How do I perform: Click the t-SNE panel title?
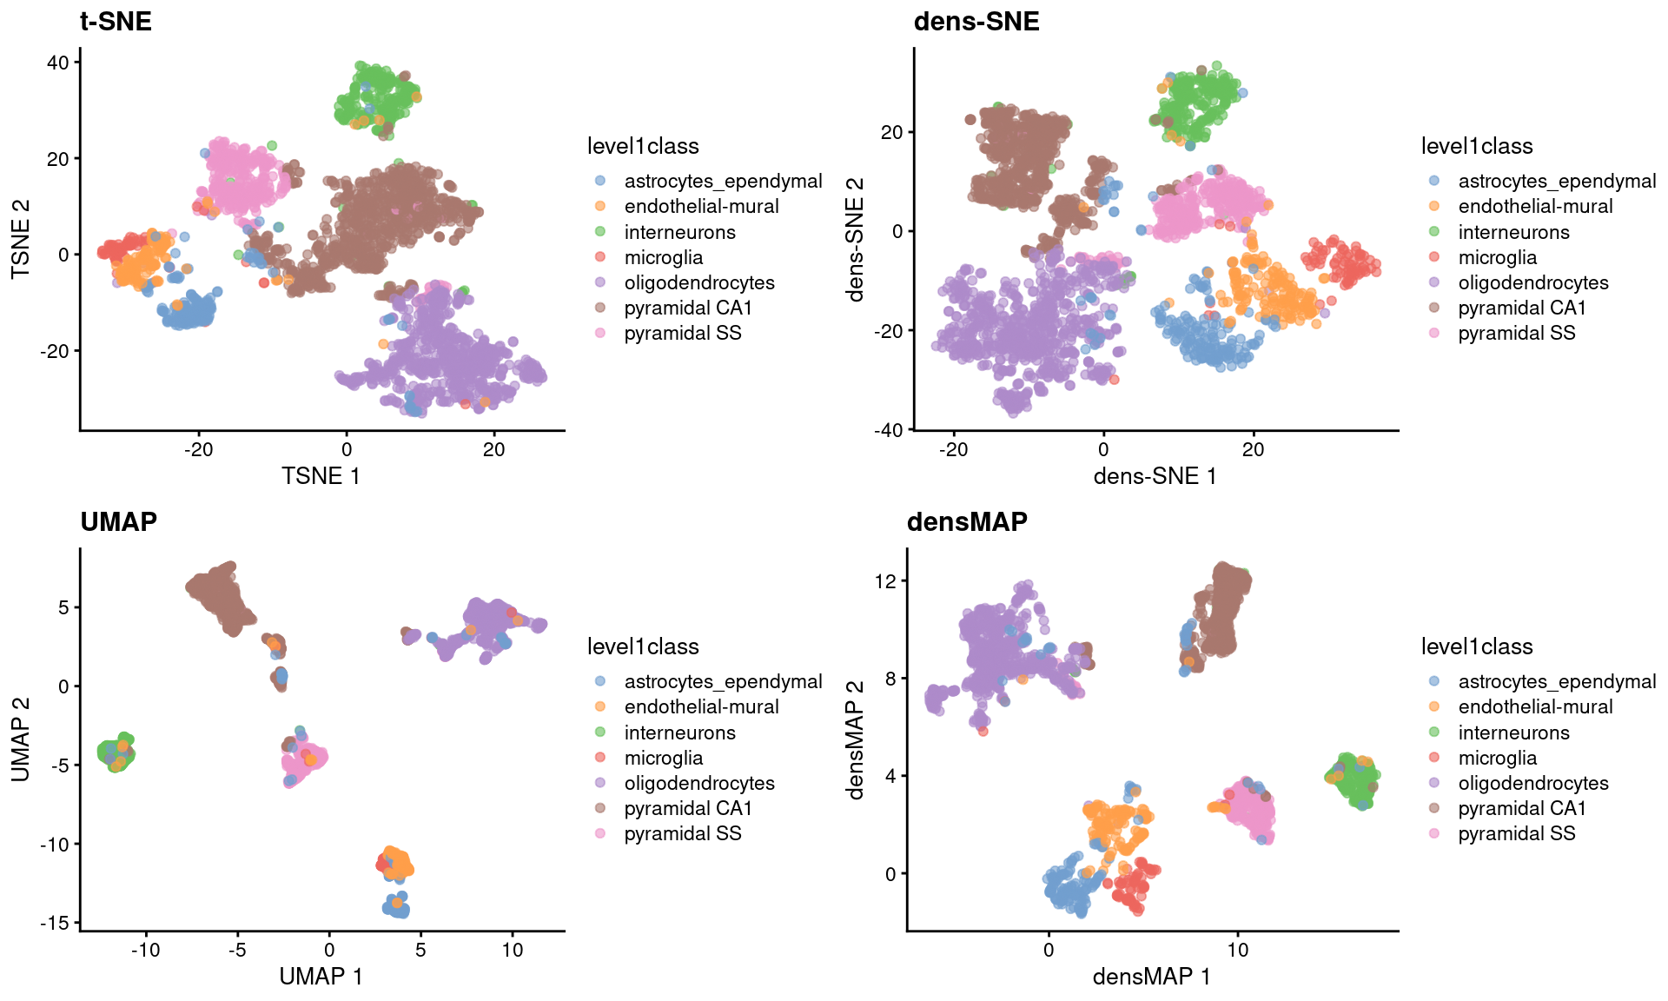coord(116,21)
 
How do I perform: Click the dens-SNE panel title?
coord(976,21)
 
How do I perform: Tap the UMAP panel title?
coord(118,521)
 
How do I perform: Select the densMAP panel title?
coord(966,521)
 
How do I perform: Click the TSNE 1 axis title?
coord(321,476)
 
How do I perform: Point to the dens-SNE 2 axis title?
coord(856,239)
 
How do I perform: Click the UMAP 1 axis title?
coord(321,977)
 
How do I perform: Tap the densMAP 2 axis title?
coord(856,739)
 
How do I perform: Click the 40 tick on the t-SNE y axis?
coord(57,63)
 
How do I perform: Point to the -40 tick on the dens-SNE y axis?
coord(889,430)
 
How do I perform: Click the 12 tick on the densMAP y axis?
coord(884,581)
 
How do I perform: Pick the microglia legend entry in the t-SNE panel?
coord(663,258)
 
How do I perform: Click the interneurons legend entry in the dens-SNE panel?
coord(1513,233)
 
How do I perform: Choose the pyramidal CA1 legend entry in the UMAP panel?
coord(687,809)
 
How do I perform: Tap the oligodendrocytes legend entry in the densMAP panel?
coord(1532,784)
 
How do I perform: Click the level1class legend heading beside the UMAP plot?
coord(643,647)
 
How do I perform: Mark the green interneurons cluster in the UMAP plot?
coord(116,752)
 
